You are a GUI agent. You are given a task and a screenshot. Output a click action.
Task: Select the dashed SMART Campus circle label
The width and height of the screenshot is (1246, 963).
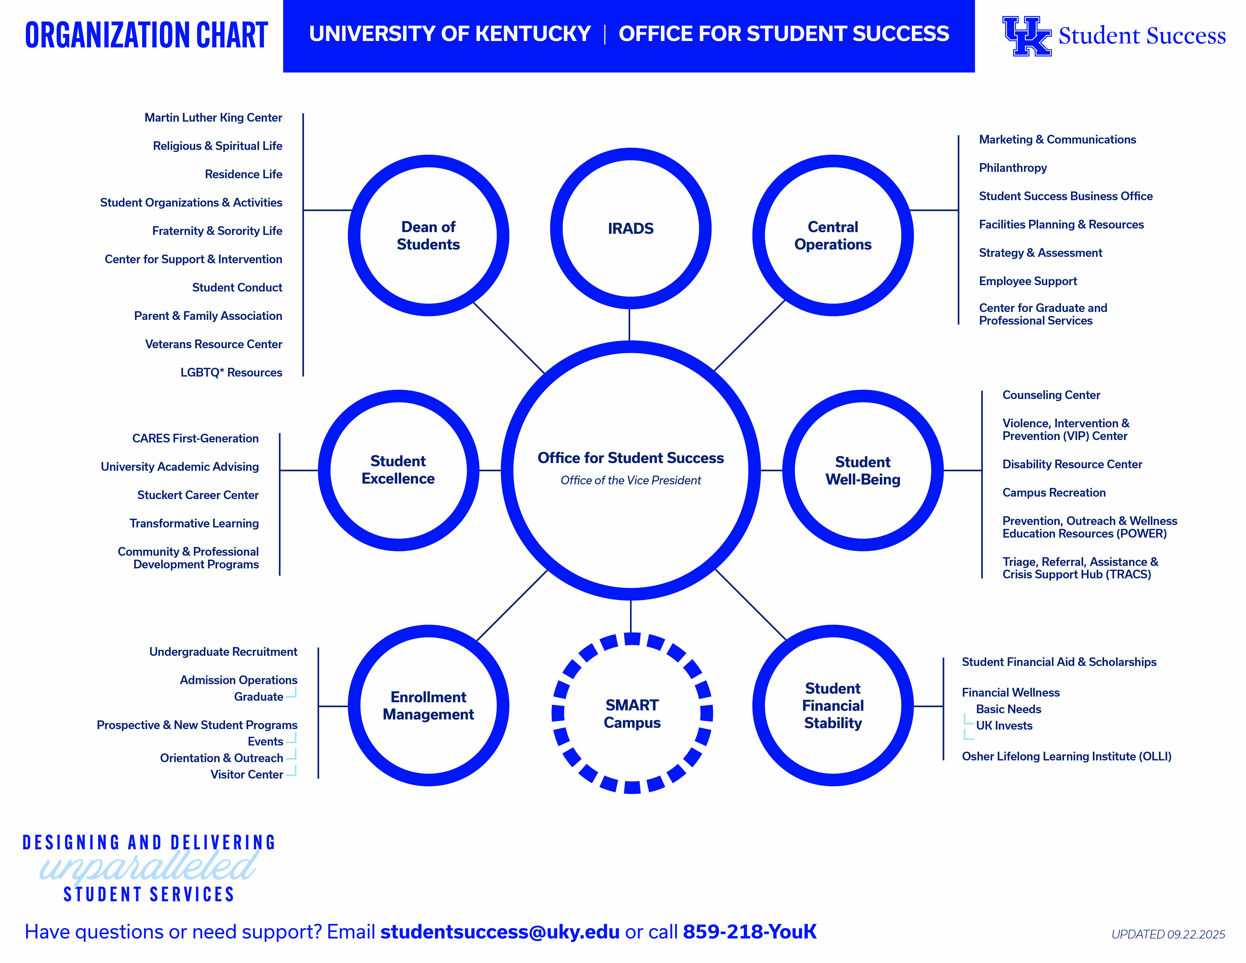tap(632, 714)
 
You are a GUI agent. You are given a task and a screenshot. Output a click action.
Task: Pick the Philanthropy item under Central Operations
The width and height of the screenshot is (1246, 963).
tap(1013, 168)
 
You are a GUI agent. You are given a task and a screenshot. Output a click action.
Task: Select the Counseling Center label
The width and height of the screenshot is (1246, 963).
tap(1051, 395)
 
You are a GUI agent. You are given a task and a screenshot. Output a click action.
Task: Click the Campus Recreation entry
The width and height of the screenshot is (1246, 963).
tap(1054, 492)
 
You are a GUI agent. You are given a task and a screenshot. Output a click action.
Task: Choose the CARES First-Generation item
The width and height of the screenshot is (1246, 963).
tap(195, 438)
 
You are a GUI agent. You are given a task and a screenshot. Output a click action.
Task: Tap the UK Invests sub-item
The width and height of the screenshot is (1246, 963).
tap(1004, 726)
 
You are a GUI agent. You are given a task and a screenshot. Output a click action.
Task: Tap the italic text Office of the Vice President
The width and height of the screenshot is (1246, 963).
tap(630, 480)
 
